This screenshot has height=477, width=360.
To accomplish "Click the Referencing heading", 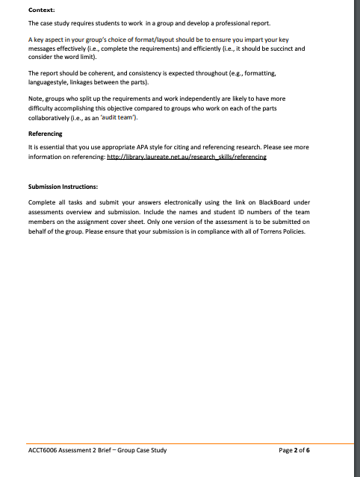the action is click(46, 134).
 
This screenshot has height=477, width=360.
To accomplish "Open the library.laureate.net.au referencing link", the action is click(187, 158).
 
